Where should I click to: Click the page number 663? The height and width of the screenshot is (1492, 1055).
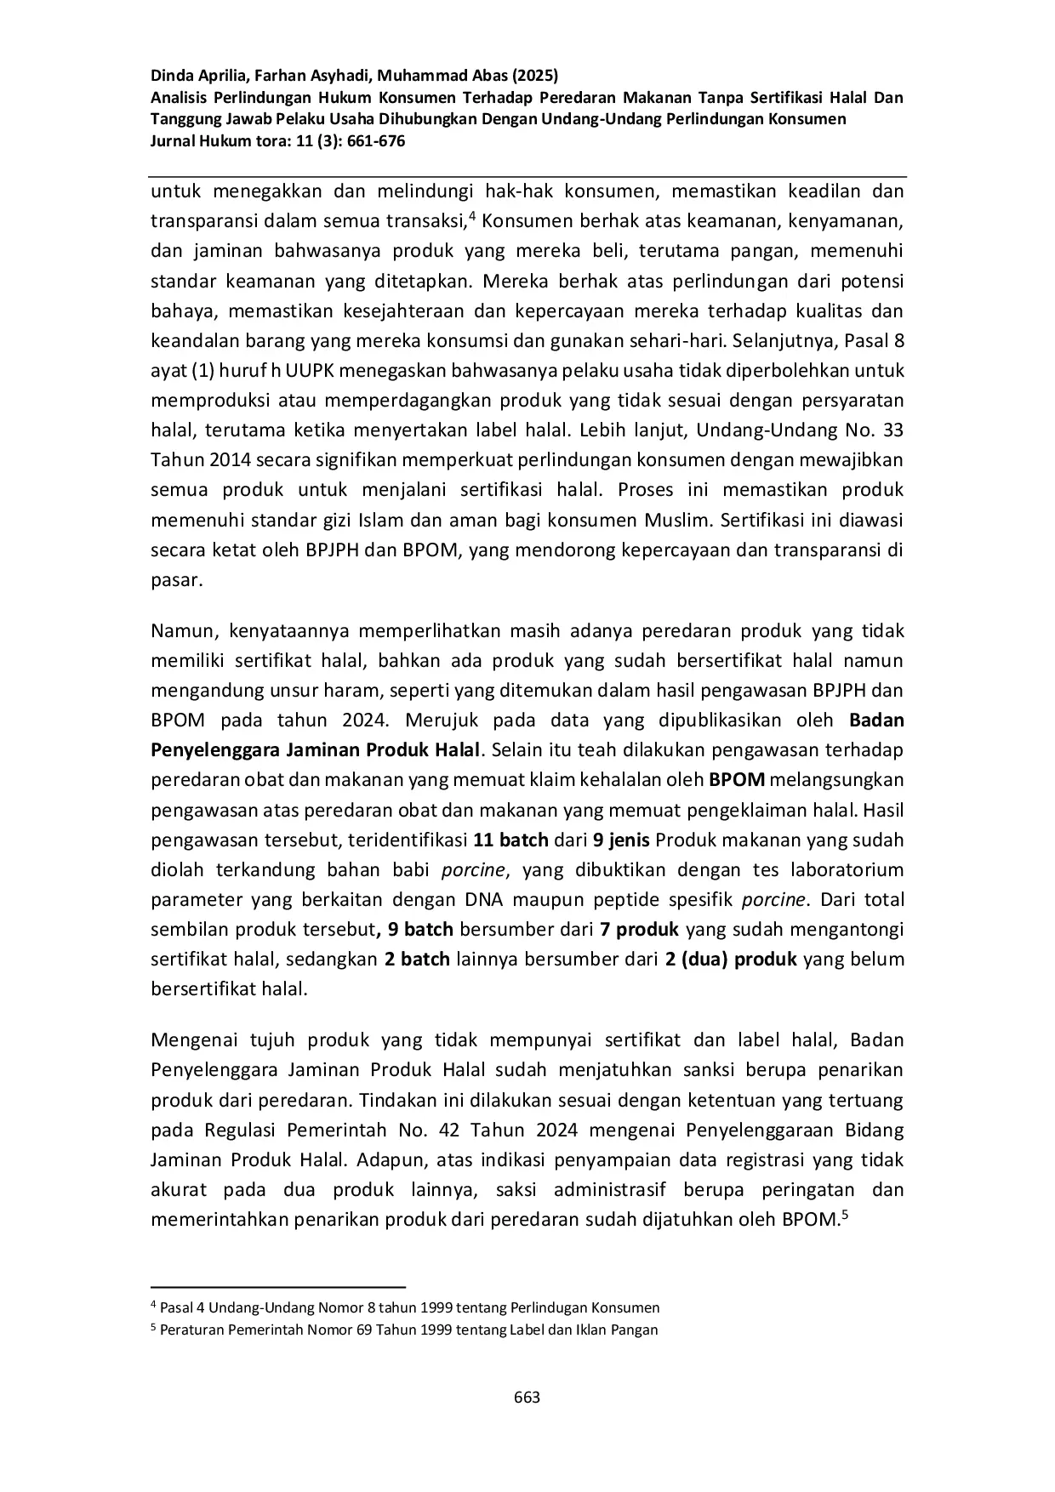(x=527, y=1397)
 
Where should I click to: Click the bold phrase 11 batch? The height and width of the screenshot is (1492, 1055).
(x=510, y=840)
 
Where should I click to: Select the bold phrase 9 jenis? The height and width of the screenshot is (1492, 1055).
(x=621, y=840)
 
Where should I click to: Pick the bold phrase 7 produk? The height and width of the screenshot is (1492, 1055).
(x=640, y=929)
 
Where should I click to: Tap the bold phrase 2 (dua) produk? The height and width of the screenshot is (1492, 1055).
(x=731, y=959)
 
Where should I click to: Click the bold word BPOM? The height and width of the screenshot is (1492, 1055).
(x=737, y=780)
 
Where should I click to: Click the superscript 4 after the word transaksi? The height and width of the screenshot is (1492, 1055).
(x=472, y=216)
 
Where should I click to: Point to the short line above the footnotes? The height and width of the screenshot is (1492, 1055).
(x=277, y=1288)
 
